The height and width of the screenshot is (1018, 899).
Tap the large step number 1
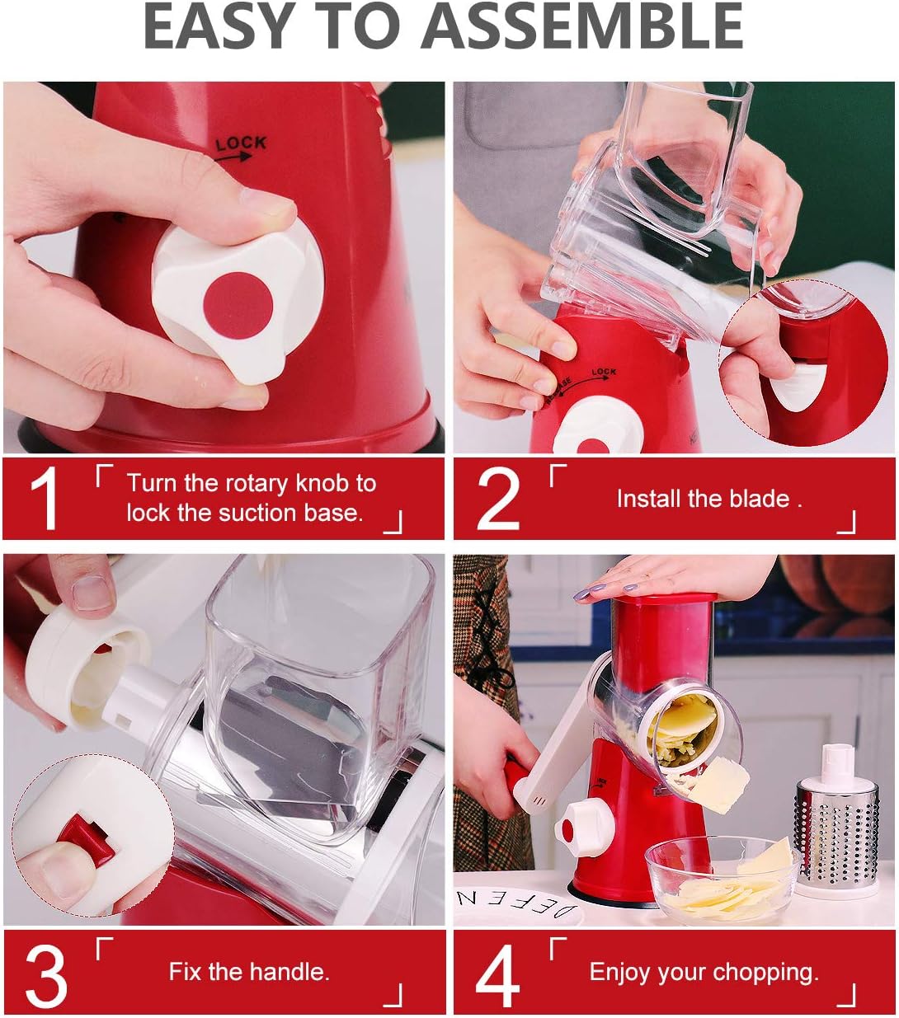[x=44, y=500]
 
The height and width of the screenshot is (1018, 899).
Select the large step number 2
[x=498, y=500]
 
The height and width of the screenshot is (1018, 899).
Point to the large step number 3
[x=45, y=975]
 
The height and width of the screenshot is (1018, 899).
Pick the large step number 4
[x=498, y=976]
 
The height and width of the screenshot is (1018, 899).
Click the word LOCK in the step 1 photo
[x=241, y=143]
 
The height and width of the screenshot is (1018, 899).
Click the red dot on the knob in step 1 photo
[x=238, y=305]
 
